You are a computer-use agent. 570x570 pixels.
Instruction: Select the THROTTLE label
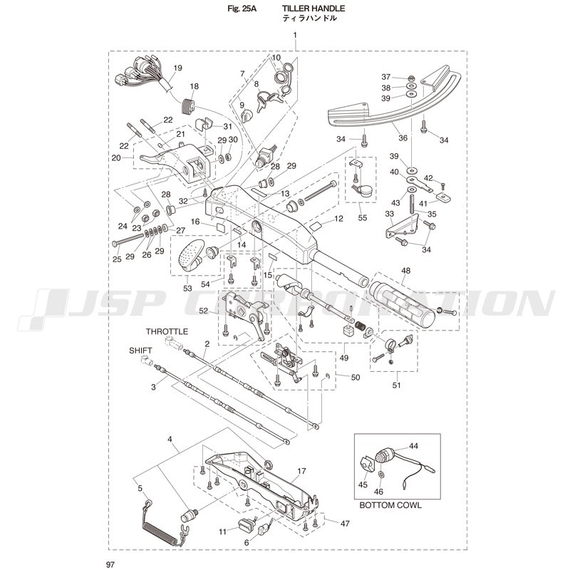tap(167, 331)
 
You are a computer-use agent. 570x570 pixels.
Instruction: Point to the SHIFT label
tap(140, 351)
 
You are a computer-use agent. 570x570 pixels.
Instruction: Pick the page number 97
tap(110, 564)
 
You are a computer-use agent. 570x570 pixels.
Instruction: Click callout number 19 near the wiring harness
tap(177, 68)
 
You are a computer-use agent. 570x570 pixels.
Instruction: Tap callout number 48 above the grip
tap(406, 271)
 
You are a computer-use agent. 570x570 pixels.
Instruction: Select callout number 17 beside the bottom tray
tap(301, 471)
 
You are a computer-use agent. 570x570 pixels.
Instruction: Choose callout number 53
tap(188, 287)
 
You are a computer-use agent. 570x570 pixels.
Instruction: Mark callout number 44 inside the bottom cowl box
tap(413, 445)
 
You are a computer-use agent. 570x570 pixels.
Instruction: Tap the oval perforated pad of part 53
tap(190, 254)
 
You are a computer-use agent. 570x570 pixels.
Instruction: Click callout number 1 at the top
tap(294, 36)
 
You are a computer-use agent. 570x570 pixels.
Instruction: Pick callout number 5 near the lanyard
tap(140, 488)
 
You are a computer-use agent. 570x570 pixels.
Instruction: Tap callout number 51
tap(396, 385)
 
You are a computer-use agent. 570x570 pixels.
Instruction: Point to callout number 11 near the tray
tap(223, 531)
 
